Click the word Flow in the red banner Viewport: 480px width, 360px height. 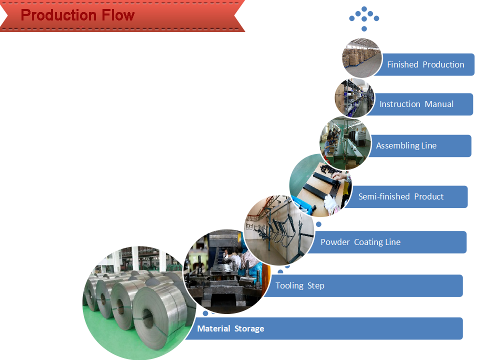118,15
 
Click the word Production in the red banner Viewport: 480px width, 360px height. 58,15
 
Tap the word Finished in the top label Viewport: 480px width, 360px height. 402,64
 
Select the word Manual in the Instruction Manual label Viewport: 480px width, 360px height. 439,104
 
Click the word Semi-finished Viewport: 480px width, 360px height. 384,196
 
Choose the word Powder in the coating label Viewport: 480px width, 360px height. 335,242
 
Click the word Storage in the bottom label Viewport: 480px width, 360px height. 249,329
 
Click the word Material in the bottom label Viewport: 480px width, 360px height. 213,328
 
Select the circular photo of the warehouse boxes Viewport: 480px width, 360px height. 362,58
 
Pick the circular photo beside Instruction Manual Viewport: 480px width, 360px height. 354,98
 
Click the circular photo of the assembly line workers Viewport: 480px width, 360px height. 345,143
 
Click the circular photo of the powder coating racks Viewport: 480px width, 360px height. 279,230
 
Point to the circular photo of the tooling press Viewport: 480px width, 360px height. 225,271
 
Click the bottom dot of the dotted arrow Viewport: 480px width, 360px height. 364,29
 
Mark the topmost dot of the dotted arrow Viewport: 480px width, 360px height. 364,9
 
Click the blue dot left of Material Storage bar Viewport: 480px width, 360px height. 205,313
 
